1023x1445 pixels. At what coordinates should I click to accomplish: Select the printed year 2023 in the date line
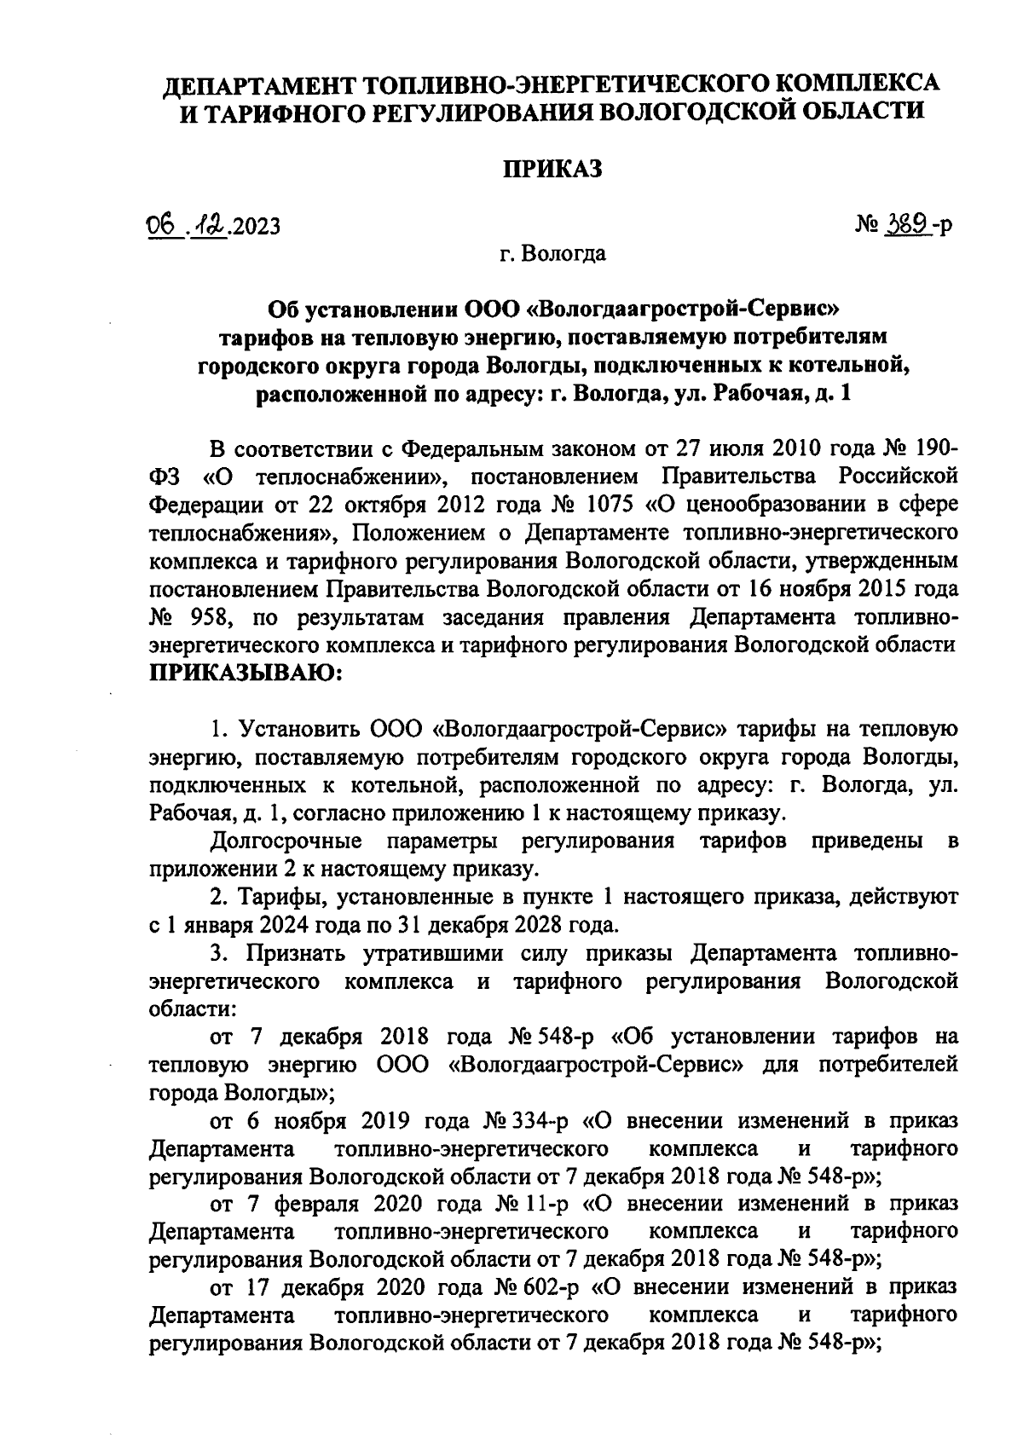point(254,227)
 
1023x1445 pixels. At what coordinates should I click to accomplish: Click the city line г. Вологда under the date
point(552,254)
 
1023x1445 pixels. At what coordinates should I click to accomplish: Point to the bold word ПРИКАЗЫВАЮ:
point(246,673)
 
